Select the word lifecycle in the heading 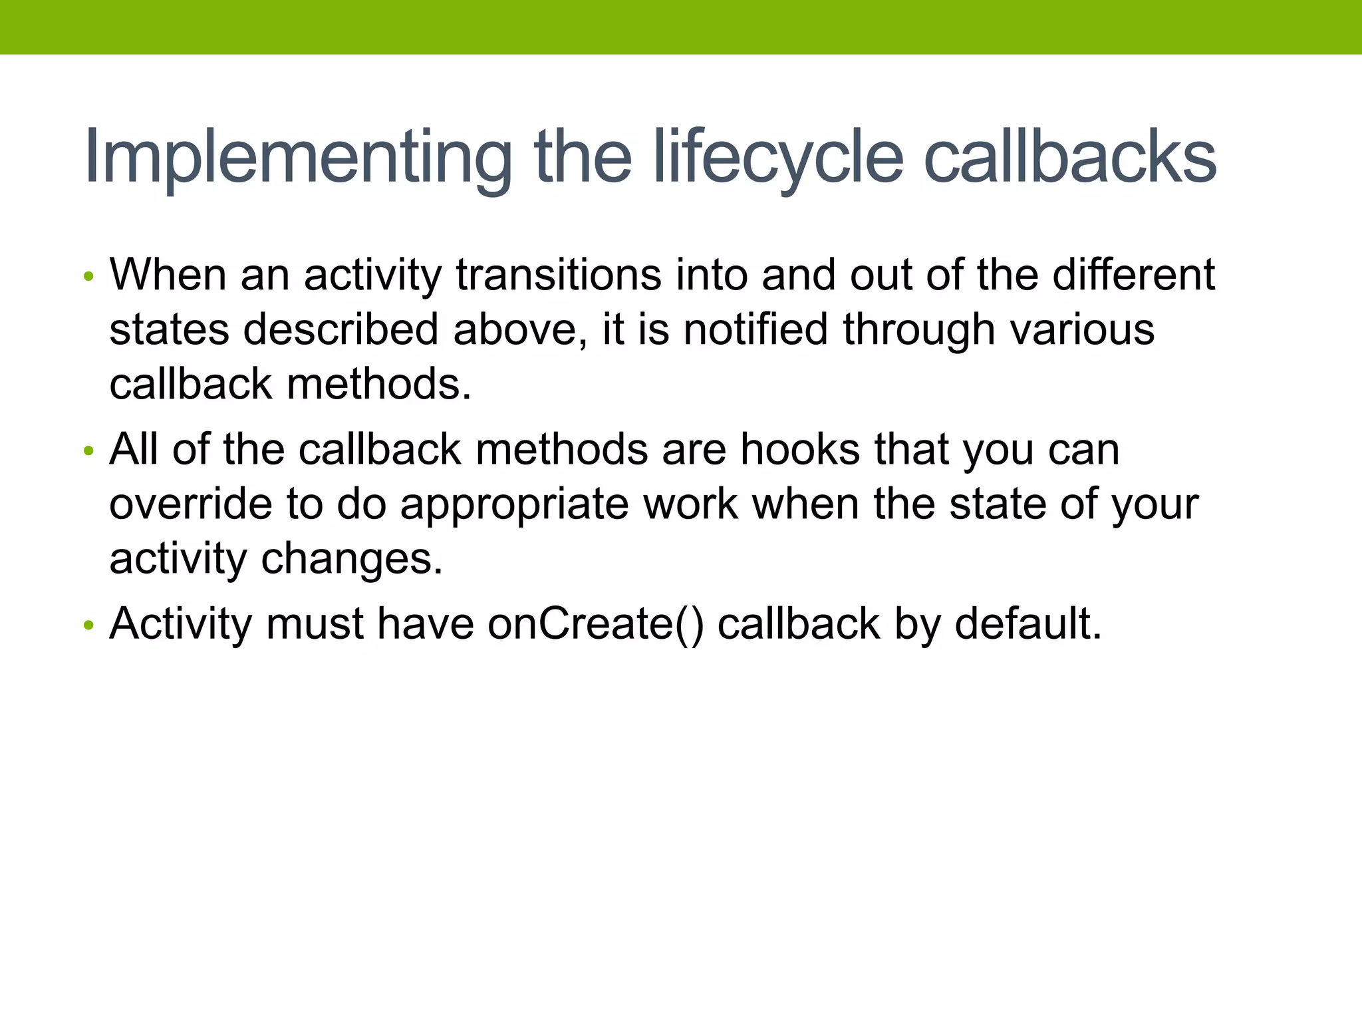(x=779, y=158)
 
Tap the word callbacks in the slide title (x=1070, y=157)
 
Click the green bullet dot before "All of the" (x=88, y=451)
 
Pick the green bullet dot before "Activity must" (x=88, y=625)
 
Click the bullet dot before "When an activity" (x=88, y=276)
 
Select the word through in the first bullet (x=918, y=330)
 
